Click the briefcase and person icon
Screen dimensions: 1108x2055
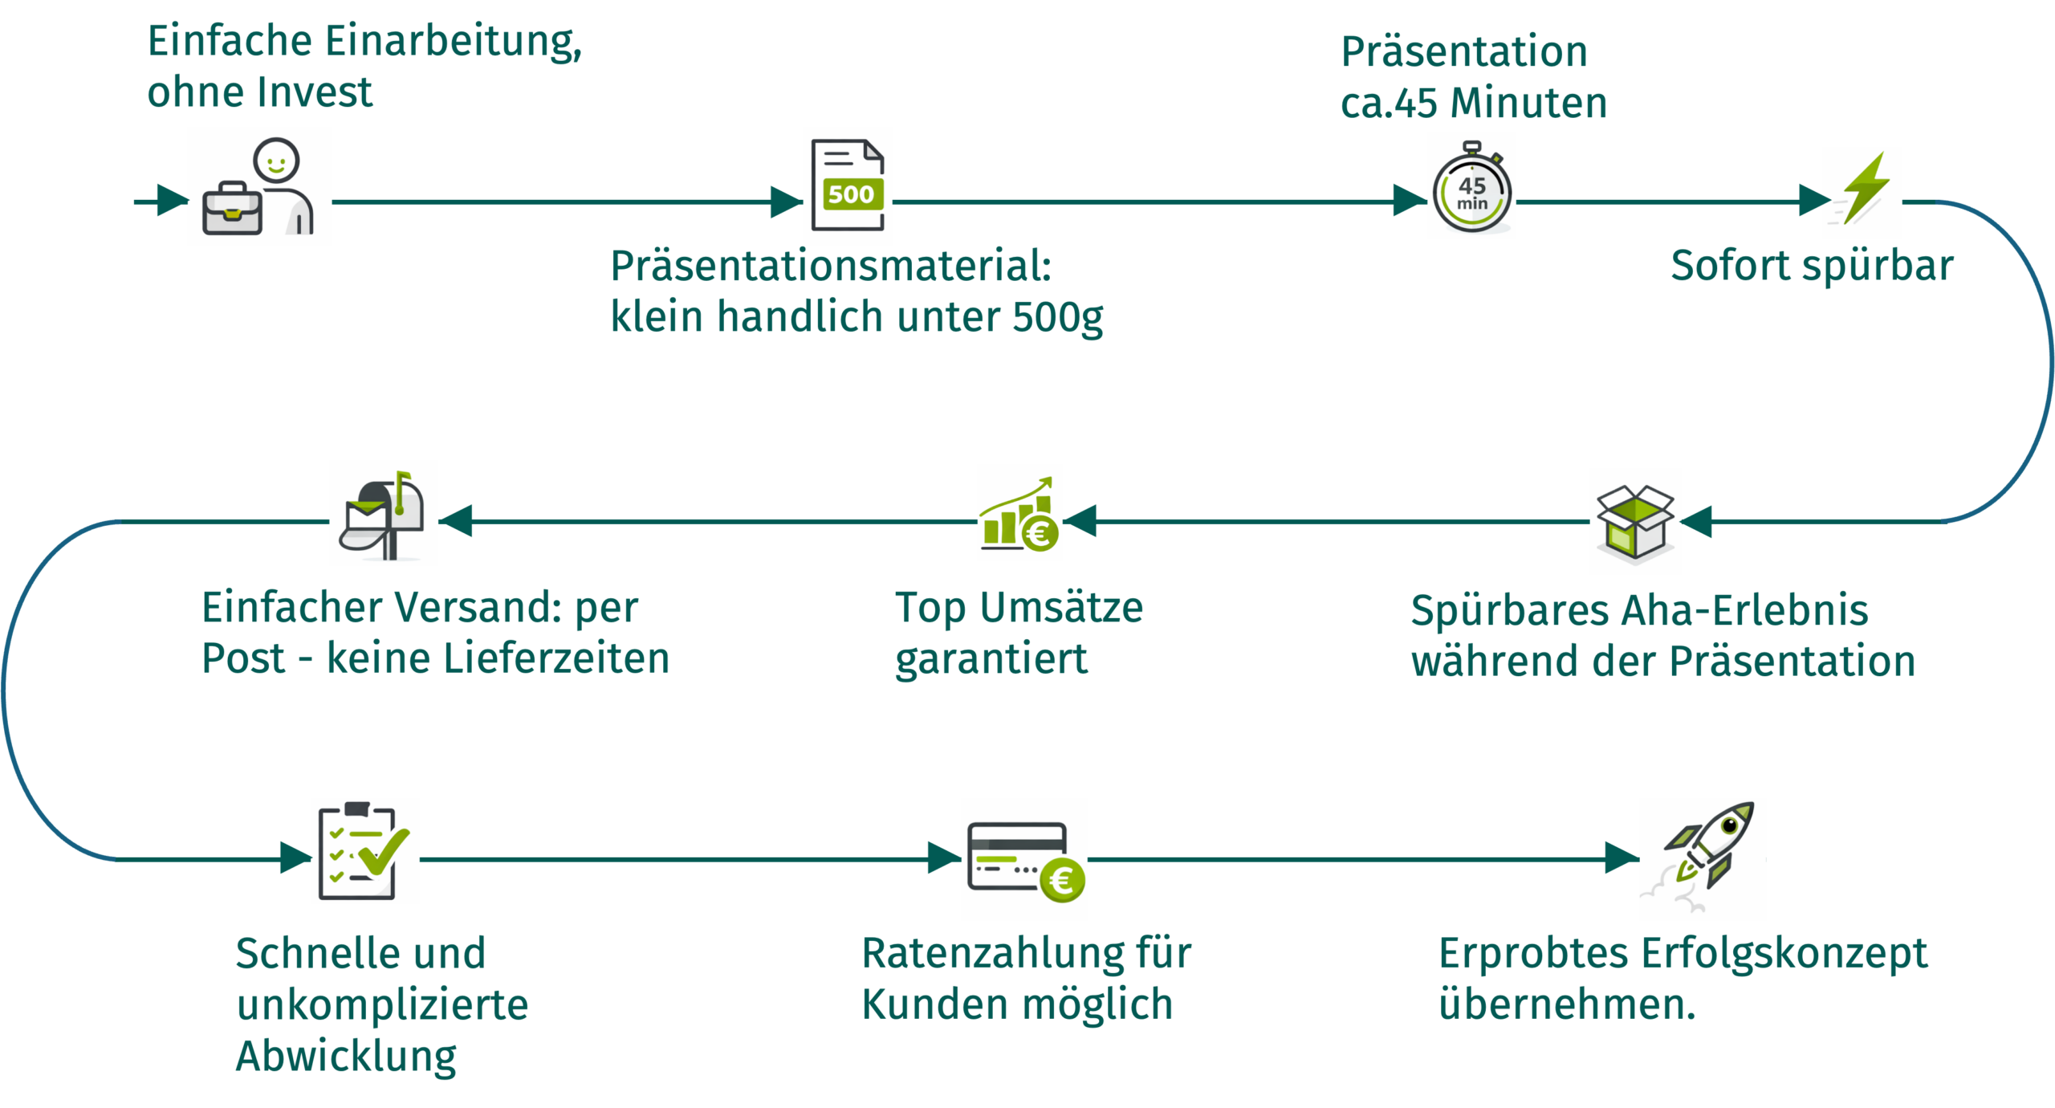click(259, 186)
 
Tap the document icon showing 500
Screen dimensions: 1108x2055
click(848, 186)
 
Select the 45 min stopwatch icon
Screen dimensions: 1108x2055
click(1471, 186)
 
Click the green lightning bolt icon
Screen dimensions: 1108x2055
click(1862, 193)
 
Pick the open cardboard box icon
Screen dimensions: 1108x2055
click(1635, 521)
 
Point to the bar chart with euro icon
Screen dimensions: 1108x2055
click(1019, 513)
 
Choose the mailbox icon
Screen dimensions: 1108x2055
click(384, 513)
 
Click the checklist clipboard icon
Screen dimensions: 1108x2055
click(365, 851)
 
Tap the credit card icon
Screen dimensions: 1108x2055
click(1024, 859)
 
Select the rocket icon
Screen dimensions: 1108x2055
click(1703, 859)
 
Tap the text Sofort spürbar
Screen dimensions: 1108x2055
click(1812, 266)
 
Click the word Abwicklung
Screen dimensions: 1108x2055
click(346, 1056)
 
